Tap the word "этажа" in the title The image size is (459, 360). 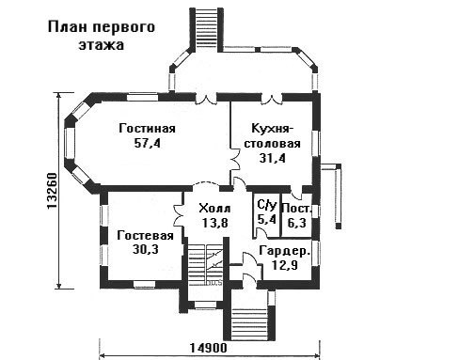(102, 45)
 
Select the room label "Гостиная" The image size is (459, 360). (147, 129)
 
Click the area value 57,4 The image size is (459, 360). (147, 144)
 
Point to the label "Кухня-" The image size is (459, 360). (273, 129)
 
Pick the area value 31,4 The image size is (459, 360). (273, 158)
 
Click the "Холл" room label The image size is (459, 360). (214, 209)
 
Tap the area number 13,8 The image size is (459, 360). (214, 223)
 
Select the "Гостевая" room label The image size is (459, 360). (145, 236)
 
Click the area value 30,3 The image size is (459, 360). (145, 249)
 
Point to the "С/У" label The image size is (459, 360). (267, 205)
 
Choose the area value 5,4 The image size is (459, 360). (267, 219)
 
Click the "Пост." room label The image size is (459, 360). (297, 209)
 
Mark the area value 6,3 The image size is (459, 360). (297, 223)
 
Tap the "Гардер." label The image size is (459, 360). (285, 251)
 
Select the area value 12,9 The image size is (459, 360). (285, 265)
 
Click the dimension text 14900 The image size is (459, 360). (208, 348)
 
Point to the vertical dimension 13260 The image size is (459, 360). (52, 191)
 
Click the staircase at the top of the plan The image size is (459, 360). (206, 30)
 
